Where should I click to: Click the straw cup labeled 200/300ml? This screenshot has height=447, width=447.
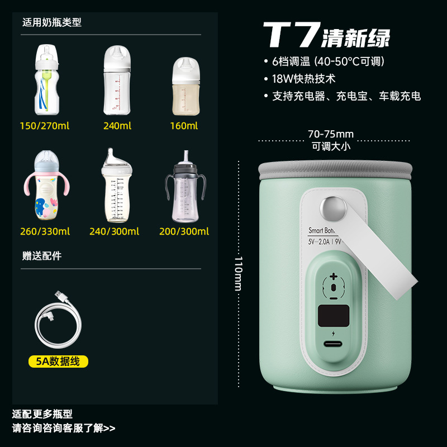coord(184,187)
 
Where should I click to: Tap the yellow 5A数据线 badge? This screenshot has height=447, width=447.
coord(59,362)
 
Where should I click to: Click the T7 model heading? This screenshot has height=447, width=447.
coord(291,35)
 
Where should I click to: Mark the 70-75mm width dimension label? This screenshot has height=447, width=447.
coord(331,134)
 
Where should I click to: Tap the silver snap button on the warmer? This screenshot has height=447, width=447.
coord(331,207)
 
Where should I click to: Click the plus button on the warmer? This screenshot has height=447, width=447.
coord(334,276)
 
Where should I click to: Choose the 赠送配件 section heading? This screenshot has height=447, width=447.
coord(42,256)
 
